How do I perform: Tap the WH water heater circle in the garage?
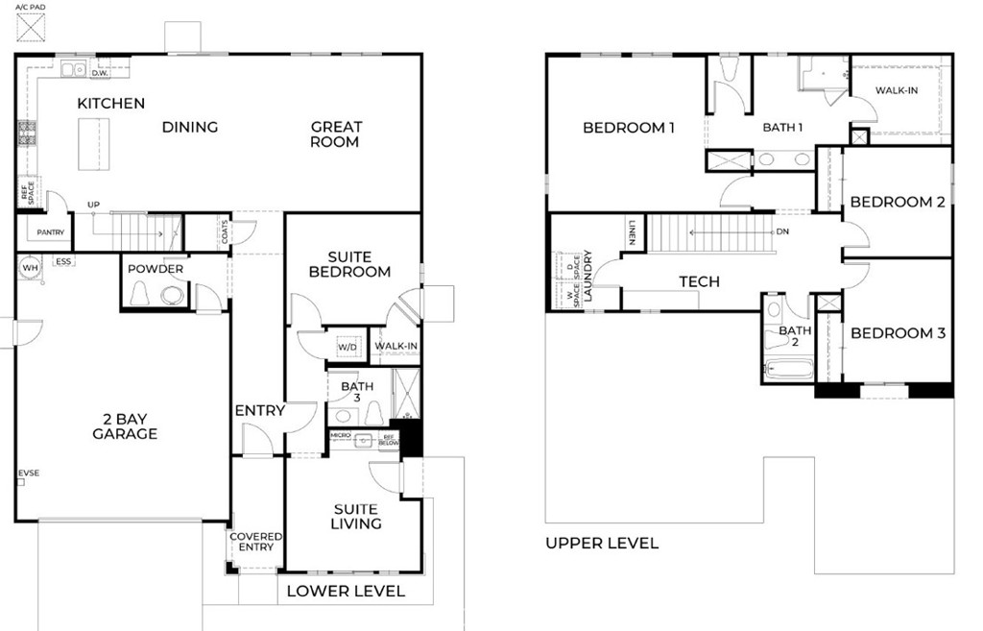(x=31, y=267)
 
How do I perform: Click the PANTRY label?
(x=50, y=232)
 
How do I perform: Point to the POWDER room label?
(x=156, y=269)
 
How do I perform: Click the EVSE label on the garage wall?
(x=28, y=473)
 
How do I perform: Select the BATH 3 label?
(x=344, y=392)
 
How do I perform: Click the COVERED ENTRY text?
(x=256, y=542)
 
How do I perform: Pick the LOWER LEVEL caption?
(x=346, y=591)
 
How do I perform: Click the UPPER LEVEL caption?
(x=602, y=544)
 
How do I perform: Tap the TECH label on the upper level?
(x=699, y=281)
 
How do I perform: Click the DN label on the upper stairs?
(x=782, y=231)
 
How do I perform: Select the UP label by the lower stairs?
(x=93, y=205)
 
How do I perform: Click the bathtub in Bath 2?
(x=788, y=369)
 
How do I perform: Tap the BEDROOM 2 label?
(x=898, y=202)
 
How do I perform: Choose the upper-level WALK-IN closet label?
(x=896, y=91)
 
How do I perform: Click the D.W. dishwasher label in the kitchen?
(x=99, y=72)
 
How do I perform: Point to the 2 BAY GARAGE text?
(x=125, y=425)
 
